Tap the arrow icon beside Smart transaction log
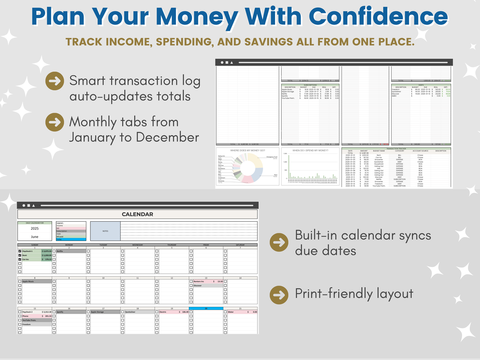pos(55,81)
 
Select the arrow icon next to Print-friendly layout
pos(279,295)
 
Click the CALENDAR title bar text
pos(137,214)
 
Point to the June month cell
pos(35,237)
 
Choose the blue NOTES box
pos(105,231)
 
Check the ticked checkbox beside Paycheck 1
pos(20,251)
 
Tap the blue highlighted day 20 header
pos(206,309)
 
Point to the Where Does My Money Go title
pos(247,150)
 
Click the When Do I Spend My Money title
pos(310,150)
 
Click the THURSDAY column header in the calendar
pos(172,245)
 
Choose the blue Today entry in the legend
pos(71,239)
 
